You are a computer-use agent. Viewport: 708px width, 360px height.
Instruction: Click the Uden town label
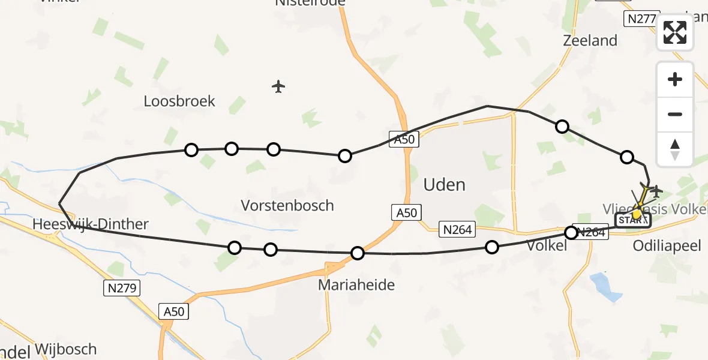tap(444, 184)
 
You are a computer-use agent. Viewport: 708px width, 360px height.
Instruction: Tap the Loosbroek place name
tap(179, 101)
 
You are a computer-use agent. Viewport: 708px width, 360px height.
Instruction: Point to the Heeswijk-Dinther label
tap(91, 224)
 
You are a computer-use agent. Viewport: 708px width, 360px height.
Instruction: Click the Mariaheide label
tap(356, 284)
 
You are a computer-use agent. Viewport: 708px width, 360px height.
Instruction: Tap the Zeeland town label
tap(590, 41)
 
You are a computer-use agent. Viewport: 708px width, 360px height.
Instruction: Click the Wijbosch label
tap(65, 349)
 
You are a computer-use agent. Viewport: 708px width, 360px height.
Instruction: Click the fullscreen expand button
tap(674, 32)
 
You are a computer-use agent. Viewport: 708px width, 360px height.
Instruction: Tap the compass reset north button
tap(674, 149)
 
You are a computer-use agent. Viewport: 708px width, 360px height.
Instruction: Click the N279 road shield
tap(121, 288)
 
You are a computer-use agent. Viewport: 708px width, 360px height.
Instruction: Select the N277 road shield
tap(641, 19)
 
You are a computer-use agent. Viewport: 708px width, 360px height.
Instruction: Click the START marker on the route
tap(632, 221)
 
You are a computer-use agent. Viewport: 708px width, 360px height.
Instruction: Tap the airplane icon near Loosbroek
tap(278, 86)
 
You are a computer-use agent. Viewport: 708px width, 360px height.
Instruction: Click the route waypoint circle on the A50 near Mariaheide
tap(358, 253)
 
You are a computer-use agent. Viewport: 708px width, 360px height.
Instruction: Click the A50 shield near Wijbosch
tap(174, 311)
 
